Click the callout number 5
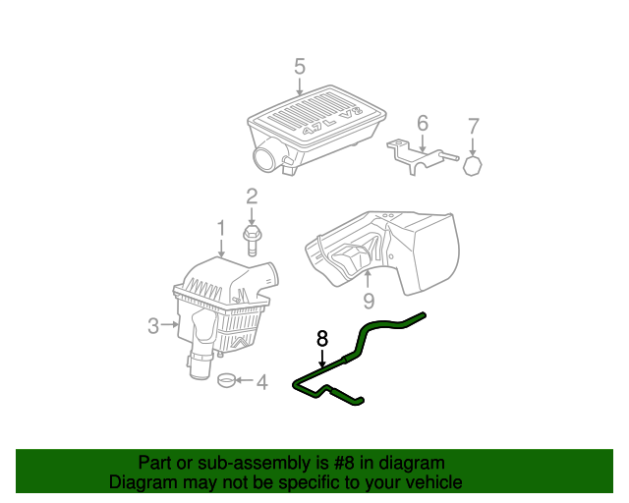click(300, 67)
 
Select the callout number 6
click(423, 123)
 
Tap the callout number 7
click(473, 126)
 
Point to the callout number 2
click(252, 196)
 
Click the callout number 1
click(222, 229)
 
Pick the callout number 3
click(153, 325)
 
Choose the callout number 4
click(261, 381)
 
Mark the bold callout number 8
click(321, 338)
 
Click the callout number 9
click(369, 301)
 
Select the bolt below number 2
click(252, 235)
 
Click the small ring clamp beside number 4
click(227, 380)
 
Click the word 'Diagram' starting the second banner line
click(142, 482)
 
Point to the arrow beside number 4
click(246, 381)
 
